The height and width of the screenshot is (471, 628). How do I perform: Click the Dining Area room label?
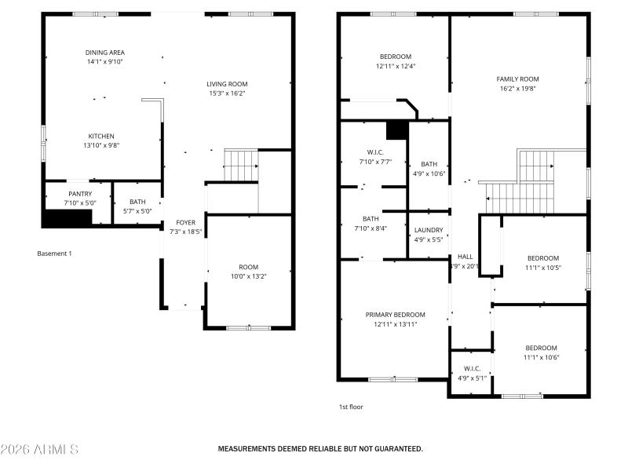click(x=104, y=53)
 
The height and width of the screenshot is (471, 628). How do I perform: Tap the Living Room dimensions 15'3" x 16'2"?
click(x=227, y=93)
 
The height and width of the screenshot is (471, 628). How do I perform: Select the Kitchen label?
click(x=100, y=136)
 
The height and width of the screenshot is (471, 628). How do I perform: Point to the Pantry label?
click(x=80, y=194)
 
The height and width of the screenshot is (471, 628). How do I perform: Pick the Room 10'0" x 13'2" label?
click(x=248, y=267)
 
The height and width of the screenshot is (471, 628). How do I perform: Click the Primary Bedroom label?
click(x=395, y=315)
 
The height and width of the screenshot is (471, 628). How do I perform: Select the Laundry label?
click(x=429, y=230)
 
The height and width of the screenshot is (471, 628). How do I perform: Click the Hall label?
click(x=466, y=257)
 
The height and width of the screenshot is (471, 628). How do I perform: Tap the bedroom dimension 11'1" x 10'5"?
click(x=542, y=267)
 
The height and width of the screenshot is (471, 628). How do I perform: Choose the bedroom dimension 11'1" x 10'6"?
click(x=541, y=357)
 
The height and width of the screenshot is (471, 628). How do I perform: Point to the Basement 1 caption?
click(x=54, y=254)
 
